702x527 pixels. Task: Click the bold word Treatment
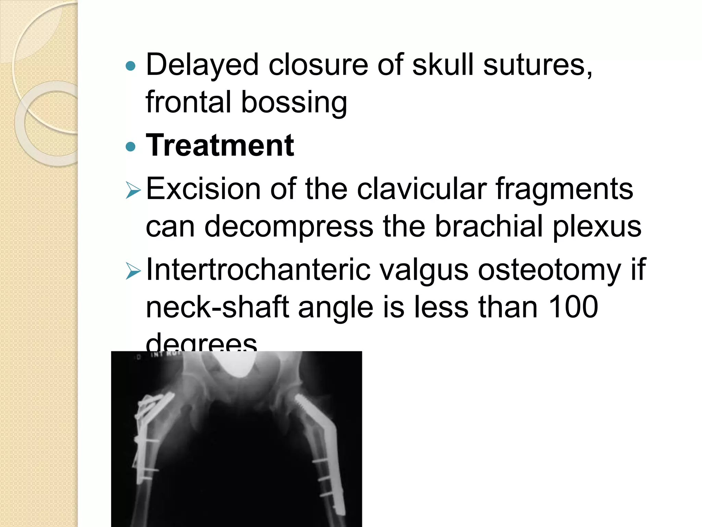pyautogui.click(x=220, y=145)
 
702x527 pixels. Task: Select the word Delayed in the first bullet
pyautogui.click(x=202, y=65)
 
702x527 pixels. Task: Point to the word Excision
pyautogui.click(x=203, y=189)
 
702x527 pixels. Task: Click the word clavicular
pyautogui.click(x=422, y=189)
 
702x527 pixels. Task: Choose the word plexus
pyautogui.click(x=597, y=227)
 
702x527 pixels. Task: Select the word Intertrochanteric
pyautogui.click(x=258, y=270)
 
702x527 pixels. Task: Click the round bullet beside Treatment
pyautogui.click(x=131, y=147)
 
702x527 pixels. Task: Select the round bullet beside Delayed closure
pyautogui.click(x=131, y=66)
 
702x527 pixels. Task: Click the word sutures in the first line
pyautogui.click(x=537, y=65)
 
